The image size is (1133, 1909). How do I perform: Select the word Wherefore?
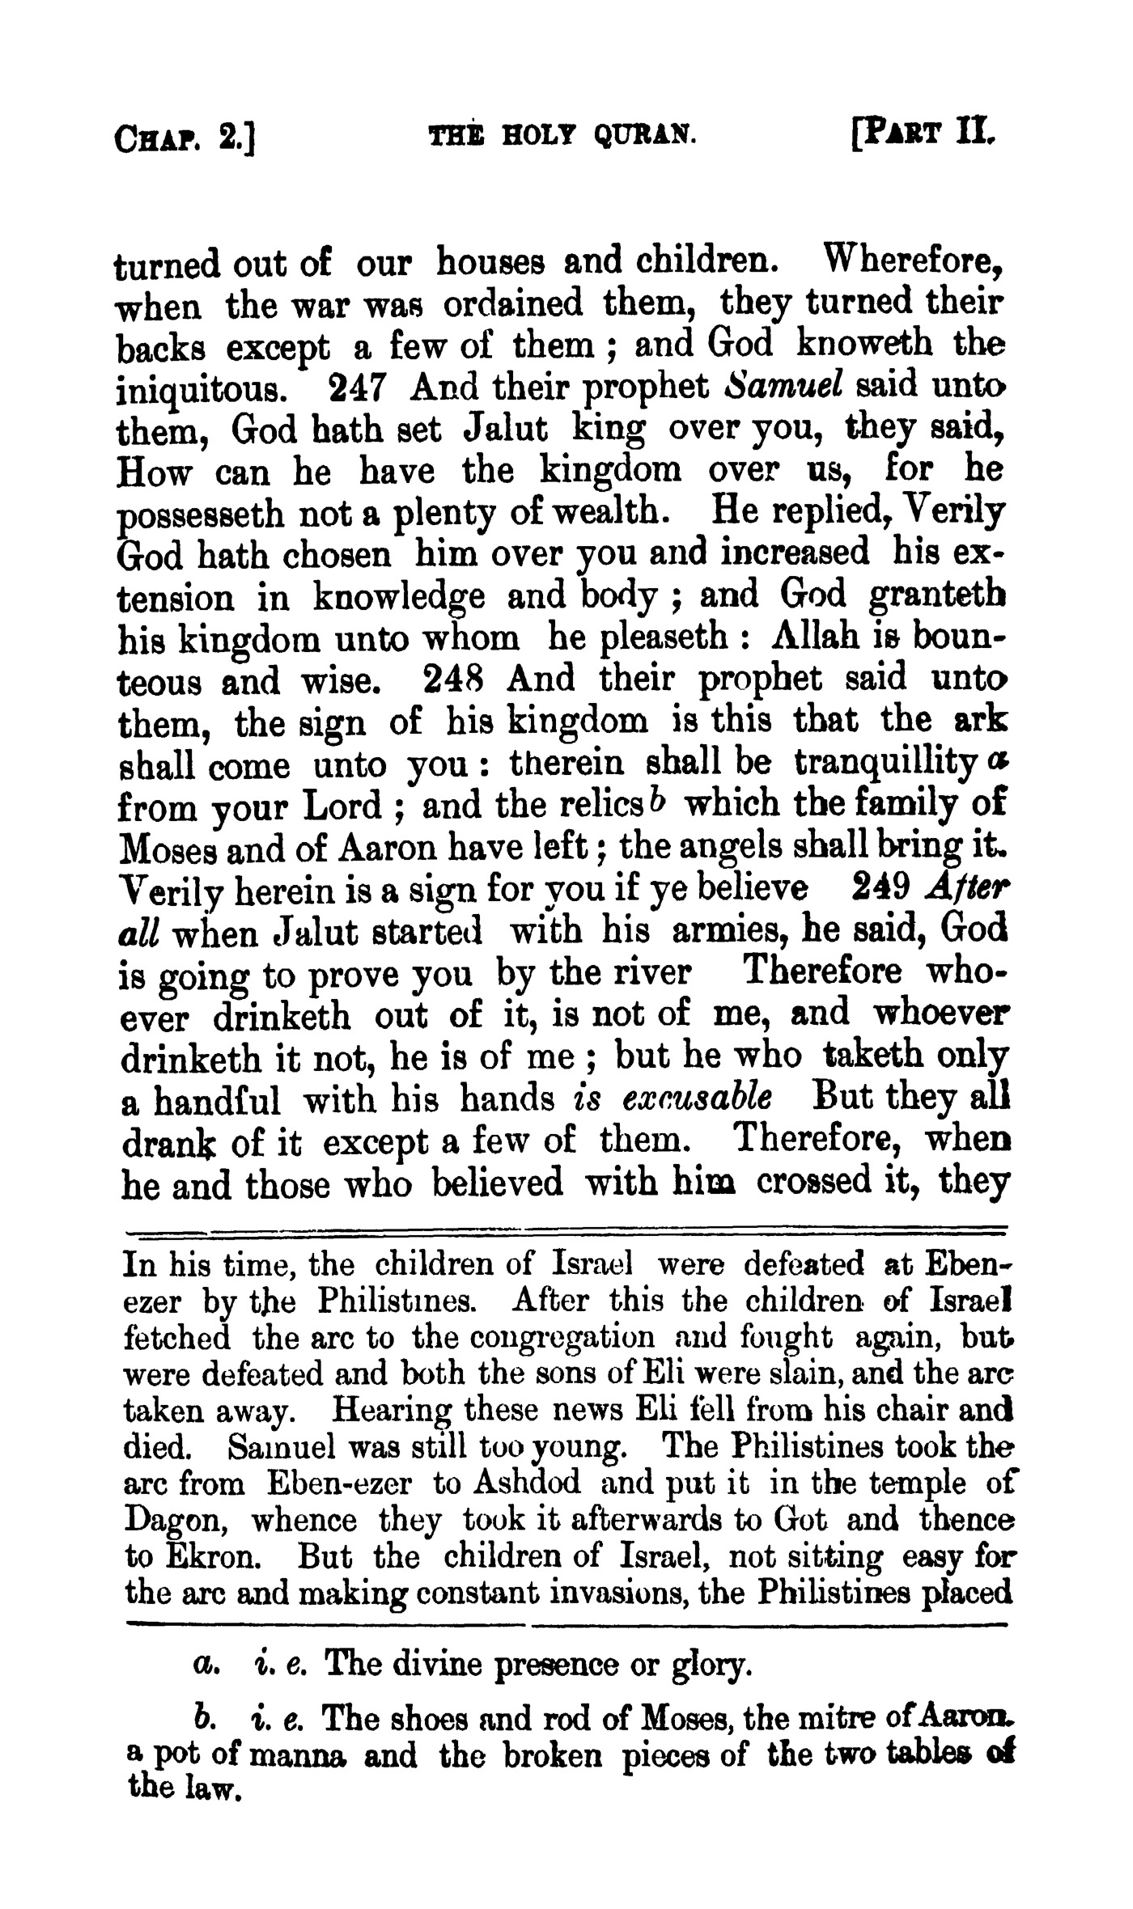(913, 261)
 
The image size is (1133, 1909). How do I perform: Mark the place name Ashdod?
(527, 1484)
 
